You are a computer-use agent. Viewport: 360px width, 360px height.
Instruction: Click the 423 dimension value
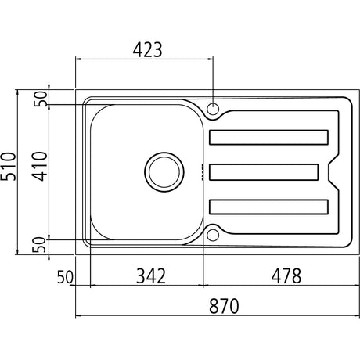coord(147,49)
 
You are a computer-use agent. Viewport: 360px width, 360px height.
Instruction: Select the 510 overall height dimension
coord(8,167)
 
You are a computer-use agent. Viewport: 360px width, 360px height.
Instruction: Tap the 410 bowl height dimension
coord(40,167)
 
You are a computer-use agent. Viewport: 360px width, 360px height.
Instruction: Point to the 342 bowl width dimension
coord(151,276)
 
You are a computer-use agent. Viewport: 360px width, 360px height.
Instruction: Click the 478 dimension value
coord(286,276)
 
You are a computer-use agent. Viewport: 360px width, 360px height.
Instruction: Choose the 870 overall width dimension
coord(224,306)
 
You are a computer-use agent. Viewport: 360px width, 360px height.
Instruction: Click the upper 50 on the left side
coord(41,99)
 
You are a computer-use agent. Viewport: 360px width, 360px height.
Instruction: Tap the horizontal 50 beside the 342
coord(65,277)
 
